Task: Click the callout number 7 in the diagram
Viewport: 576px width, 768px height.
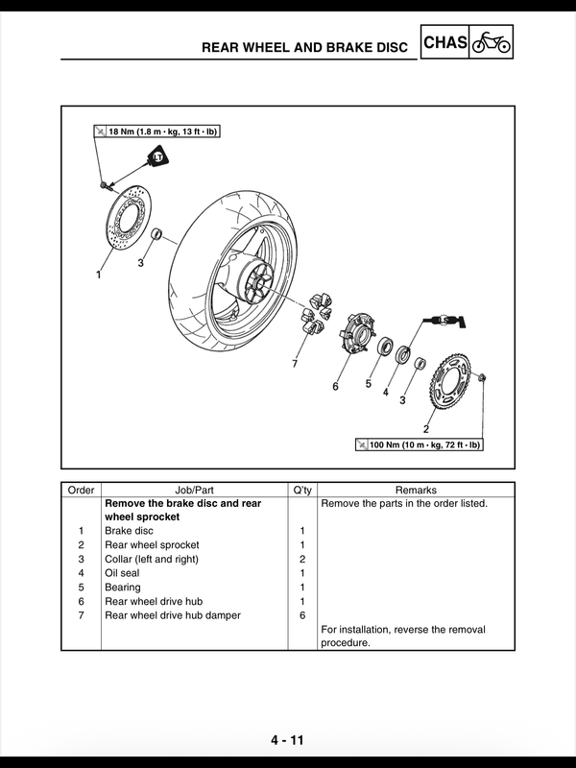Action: (295, 364)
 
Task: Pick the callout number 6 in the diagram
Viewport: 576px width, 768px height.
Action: (335, 387)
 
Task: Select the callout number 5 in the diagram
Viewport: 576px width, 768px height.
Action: (368, 383)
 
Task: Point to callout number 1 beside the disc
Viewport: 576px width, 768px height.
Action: (98, 274)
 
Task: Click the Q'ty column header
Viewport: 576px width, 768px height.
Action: (302, 489)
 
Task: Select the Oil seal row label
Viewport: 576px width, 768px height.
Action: (122, 573)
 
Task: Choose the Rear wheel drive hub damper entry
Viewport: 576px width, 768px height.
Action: (172, 615)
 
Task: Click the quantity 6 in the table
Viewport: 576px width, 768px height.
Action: (302, 615)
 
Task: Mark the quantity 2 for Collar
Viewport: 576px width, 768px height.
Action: (302, 559)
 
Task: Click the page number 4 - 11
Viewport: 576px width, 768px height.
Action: (286, 740)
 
